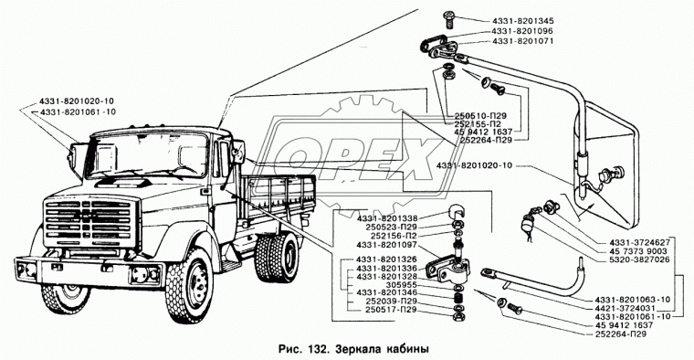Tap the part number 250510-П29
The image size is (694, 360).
coord(477,115)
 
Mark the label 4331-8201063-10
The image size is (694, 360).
coord(633,300)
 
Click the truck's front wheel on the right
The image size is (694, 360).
coord(189,285)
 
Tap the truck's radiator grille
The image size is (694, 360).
coord(89,226)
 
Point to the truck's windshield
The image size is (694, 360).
coord(147,155)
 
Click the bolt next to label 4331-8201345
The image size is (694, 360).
coord(448,19)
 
